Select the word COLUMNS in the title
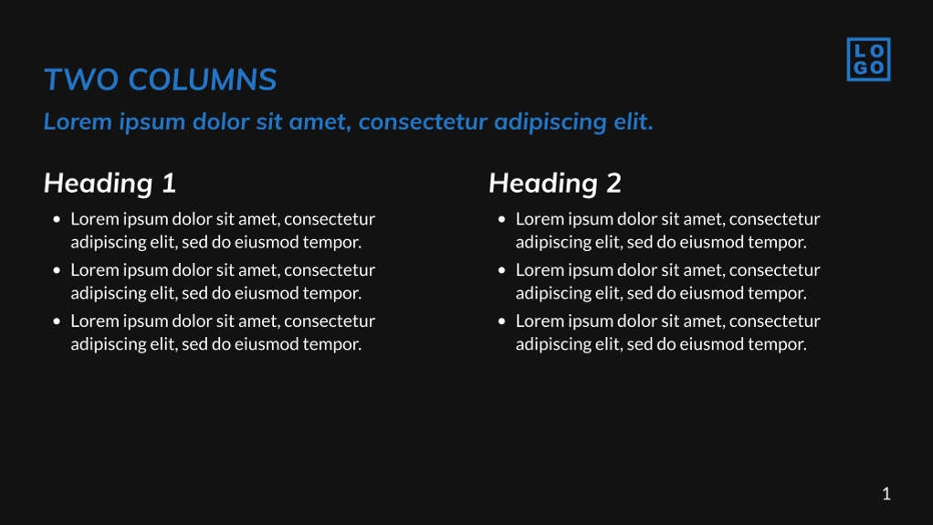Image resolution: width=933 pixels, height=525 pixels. (203, 79)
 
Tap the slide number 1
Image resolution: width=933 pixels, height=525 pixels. (886, 493)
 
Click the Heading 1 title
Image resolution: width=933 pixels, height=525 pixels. (110, 183)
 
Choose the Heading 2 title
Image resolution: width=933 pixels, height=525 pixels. (555, 183)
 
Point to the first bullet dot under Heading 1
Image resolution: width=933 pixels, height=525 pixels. (57, 219)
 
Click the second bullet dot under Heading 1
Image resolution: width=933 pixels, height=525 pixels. (57, 270)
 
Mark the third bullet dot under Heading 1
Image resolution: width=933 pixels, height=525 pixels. (57, 320)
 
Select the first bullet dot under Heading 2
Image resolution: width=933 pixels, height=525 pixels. (501, 219)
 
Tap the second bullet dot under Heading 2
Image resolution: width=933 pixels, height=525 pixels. (501, 270)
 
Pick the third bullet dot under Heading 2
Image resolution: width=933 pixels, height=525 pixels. (501, 320)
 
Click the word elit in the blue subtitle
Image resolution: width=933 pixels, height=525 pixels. (634, 121)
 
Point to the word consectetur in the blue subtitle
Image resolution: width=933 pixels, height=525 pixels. (423, 122)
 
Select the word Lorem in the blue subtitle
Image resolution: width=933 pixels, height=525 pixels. (78, 121)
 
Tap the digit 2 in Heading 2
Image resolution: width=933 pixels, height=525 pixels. (614, 183)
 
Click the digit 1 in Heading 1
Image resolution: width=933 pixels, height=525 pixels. (170, 183)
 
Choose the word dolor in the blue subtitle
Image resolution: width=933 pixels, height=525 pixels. (221, 121)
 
